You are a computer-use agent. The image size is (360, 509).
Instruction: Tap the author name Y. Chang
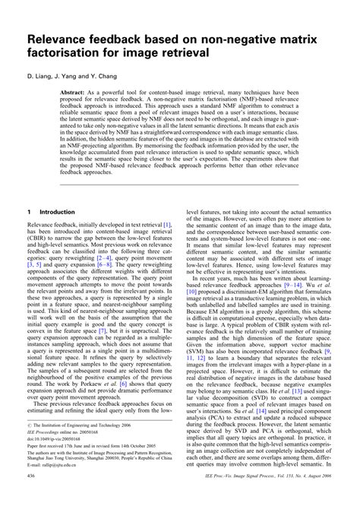click(x=99, y=77)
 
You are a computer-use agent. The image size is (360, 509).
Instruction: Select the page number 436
click(x=33, y=495)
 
